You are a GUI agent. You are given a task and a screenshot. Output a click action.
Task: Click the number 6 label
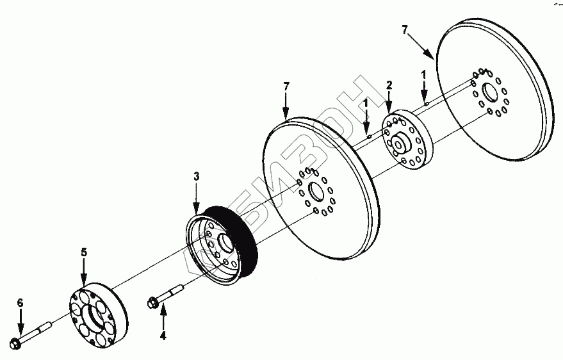[20, 302]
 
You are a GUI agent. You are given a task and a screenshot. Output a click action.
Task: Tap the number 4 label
[163, 334]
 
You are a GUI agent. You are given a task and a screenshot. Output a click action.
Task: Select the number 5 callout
[83, 252]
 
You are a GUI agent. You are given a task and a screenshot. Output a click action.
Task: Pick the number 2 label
[389, 85]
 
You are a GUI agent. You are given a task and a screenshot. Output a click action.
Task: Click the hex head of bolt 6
[17, 343]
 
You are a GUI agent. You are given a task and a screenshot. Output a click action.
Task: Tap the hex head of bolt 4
[154, 302]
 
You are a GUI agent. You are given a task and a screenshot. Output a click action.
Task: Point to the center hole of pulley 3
[225, 244]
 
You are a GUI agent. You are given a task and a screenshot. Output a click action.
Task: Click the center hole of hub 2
[398, 144]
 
